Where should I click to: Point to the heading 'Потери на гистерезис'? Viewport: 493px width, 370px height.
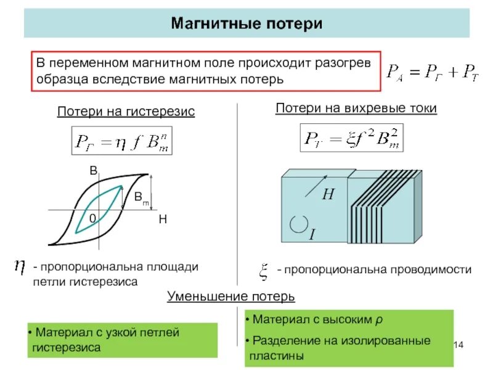click(126, 112)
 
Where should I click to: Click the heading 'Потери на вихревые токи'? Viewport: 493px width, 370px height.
click(356, 109)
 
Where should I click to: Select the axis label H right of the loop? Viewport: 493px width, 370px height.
click(163, 220)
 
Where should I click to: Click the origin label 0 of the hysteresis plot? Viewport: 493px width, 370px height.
click(92, 219)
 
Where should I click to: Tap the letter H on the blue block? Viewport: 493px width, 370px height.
click(328, 194)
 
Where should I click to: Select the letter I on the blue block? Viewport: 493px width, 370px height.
click(312, 234)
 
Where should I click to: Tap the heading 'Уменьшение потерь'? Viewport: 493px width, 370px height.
click(231, 297)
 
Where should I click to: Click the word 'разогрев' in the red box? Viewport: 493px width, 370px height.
click(345, 63)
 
